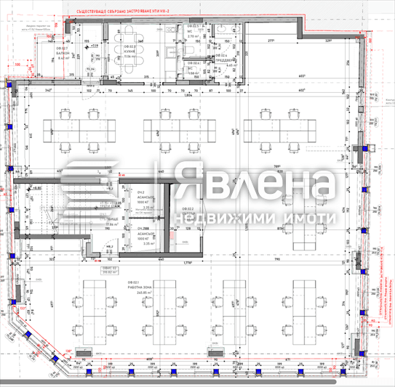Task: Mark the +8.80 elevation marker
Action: click(34, 187)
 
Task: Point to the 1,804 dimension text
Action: click(187, 95)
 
